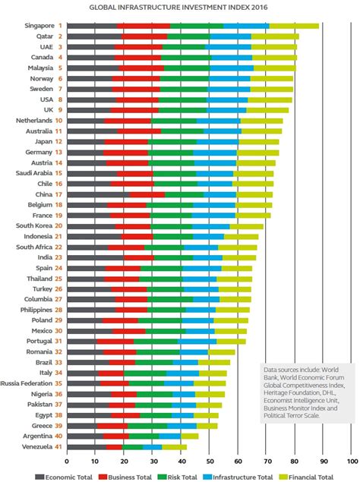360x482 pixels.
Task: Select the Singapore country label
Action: [39, 26]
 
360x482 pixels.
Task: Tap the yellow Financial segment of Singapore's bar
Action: [294, 26]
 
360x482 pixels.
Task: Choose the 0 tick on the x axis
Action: [67, 460]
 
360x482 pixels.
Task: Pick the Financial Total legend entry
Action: [312, 476]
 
